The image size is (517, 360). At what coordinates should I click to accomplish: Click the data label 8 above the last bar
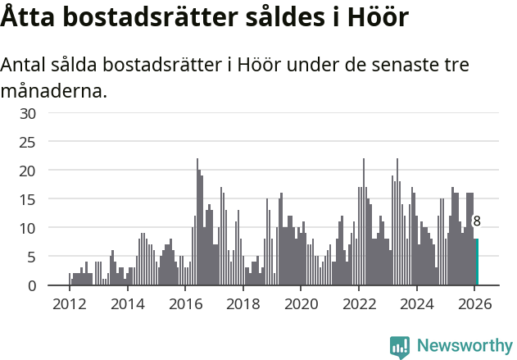click(x=477, y=221)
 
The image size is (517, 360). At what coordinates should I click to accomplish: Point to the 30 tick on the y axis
click(x=27, y=113)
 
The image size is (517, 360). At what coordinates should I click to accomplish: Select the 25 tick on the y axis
click(x=27, y=142)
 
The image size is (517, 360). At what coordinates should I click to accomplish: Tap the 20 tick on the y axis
click(x=27, y=171)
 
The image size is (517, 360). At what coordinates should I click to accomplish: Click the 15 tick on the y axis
click(x=27, y=199)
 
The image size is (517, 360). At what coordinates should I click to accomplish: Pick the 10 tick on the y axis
click(x=27, y=228)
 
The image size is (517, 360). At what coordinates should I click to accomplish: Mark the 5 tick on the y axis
click(x=31, y=257)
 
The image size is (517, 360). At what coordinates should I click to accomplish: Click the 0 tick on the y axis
click(x=31, y=285)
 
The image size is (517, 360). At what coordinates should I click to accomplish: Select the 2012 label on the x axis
click(x=69, y=303)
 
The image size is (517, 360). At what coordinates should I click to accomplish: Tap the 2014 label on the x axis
click(x=127, y=303)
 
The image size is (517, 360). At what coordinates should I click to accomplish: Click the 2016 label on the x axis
click(x=185, y=303)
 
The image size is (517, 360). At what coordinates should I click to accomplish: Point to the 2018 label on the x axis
click(x=243, y=303)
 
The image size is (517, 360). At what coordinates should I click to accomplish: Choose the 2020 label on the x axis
click(x=301, y=303)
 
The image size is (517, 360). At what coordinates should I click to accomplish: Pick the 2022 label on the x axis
click(x=359, y=303)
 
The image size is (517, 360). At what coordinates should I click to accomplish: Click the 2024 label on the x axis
click(x=417, y=303)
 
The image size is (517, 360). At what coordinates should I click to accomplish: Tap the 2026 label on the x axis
click(x=474, y=303)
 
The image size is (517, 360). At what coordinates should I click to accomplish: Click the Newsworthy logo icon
click(x=400, y=346)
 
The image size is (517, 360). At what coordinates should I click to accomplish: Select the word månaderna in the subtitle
click(x=53, y=90)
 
